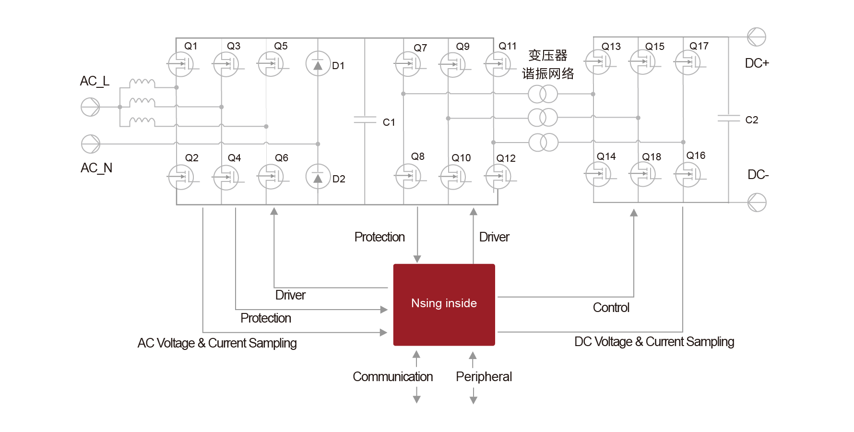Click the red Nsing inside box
[444, 304]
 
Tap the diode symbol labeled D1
[318, 64]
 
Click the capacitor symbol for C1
[365, 120]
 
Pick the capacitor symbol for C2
[728, 118]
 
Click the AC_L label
[95, 81]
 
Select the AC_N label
[96, 168]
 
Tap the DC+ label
[757, 63]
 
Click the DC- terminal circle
[757, 202]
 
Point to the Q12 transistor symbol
[498, 177]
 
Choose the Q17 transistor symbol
[687, 63]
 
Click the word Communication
[392, 377]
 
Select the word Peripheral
[484, 377]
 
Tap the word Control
[611, 308]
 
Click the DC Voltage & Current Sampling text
[654, 342]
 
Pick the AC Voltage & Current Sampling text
[217, 343]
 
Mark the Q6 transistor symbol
[271, 177]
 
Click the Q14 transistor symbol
[597, 174]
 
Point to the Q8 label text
[417, 156]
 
